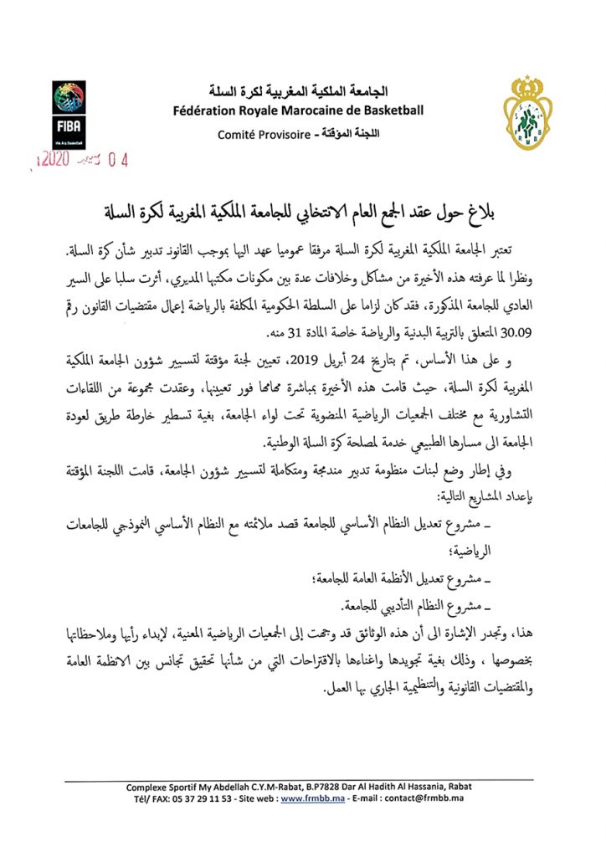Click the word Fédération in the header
[208, 110]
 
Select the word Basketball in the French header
[389, 110]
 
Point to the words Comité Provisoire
[260, 134]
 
